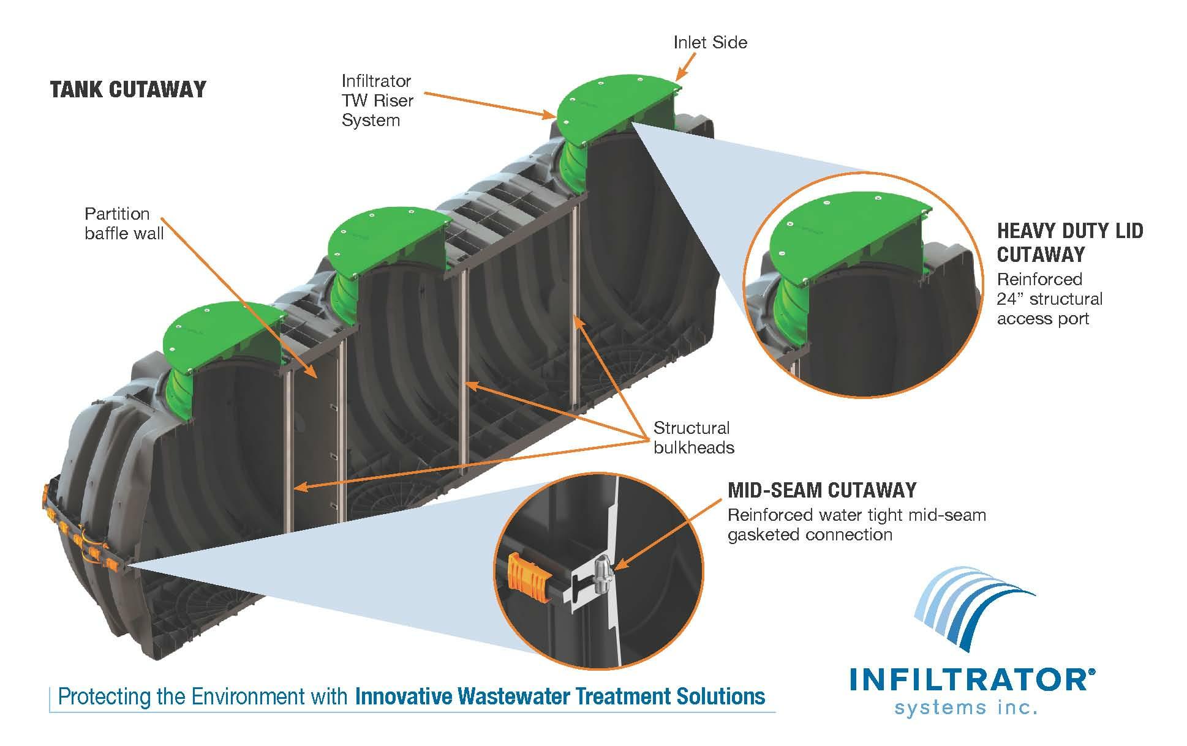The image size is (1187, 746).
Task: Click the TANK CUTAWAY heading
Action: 128,90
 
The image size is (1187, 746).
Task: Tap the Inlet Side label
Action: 710,42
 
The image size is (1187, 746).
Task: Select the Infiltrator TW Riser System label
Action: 377,100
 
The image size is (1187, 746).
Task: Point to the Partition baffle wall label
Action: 124,223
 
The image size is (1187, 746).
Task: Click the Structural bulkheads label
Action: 693,438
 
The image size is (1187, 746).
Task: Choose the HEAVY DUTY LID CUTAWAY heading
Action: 1069,242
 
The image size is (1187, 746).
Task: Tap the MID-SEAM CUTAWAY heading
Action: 822,490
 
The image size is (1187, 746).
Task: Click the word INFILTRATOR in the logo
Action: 968,680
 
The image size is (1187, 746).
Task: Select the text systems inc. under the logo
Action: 966,708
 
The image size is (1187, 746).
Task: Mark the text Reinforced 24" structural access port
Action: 1049,299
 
